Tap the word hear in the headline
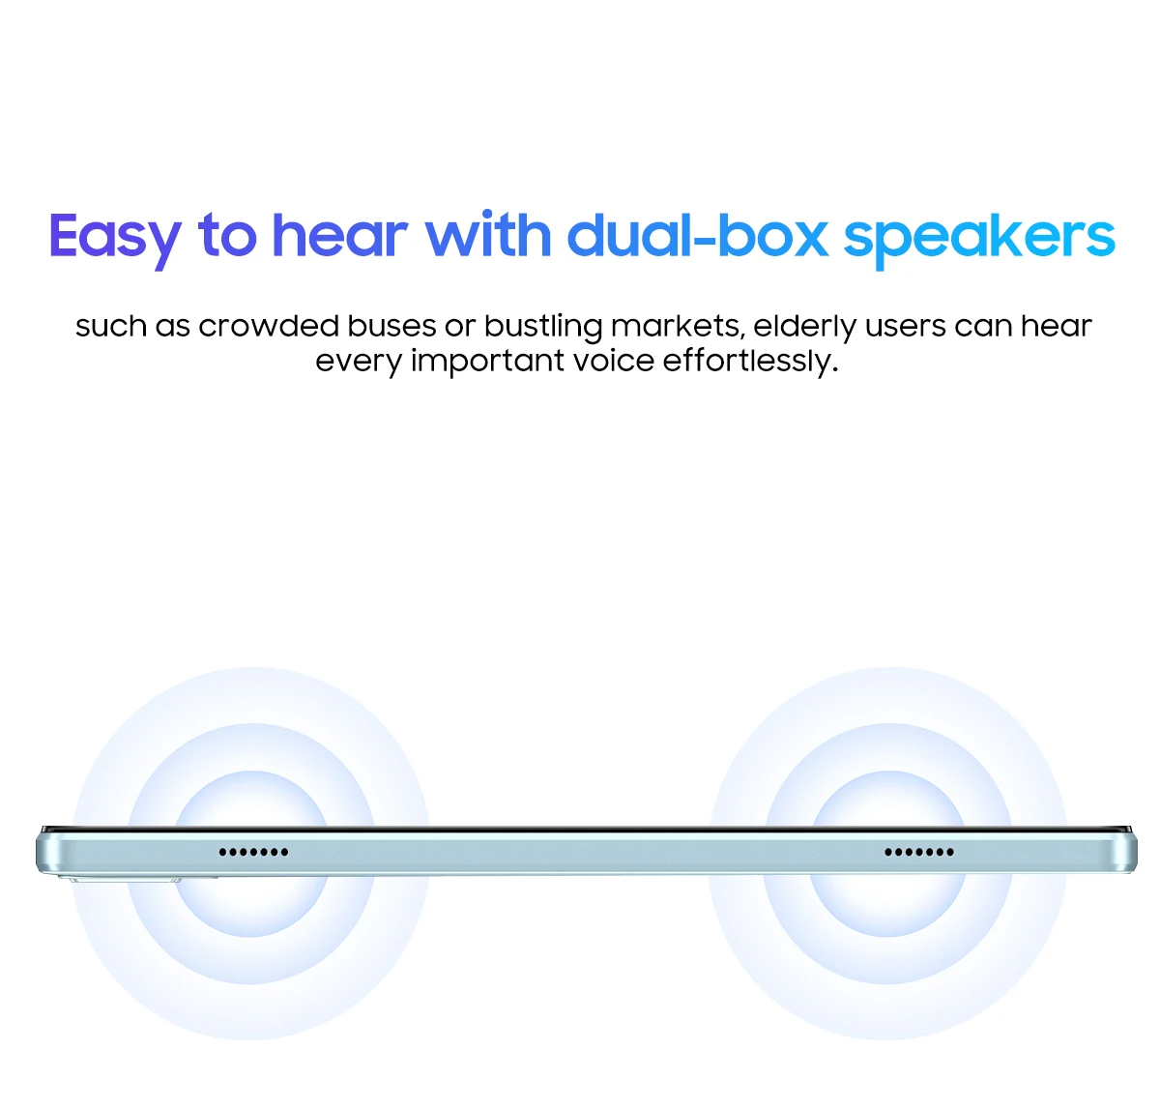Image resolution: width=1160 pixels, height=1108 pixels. (x=339, y=236)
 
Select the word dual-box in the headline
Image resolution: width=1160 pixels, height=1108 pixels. (x=697, y=236)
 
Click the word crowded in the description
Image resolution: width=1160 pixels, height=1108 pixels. (x=268, y=326)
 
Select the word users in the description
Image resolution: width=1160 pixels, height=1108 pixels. (x=905, y=327)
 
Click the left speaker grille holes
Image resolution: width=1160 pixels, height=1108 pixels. (x=253, y=852)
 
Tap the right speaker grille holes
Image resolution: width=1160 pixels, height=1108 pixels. (x=918, y=852)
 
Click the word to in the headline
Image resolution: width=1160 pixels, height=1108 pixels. (x=227, y=237)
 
